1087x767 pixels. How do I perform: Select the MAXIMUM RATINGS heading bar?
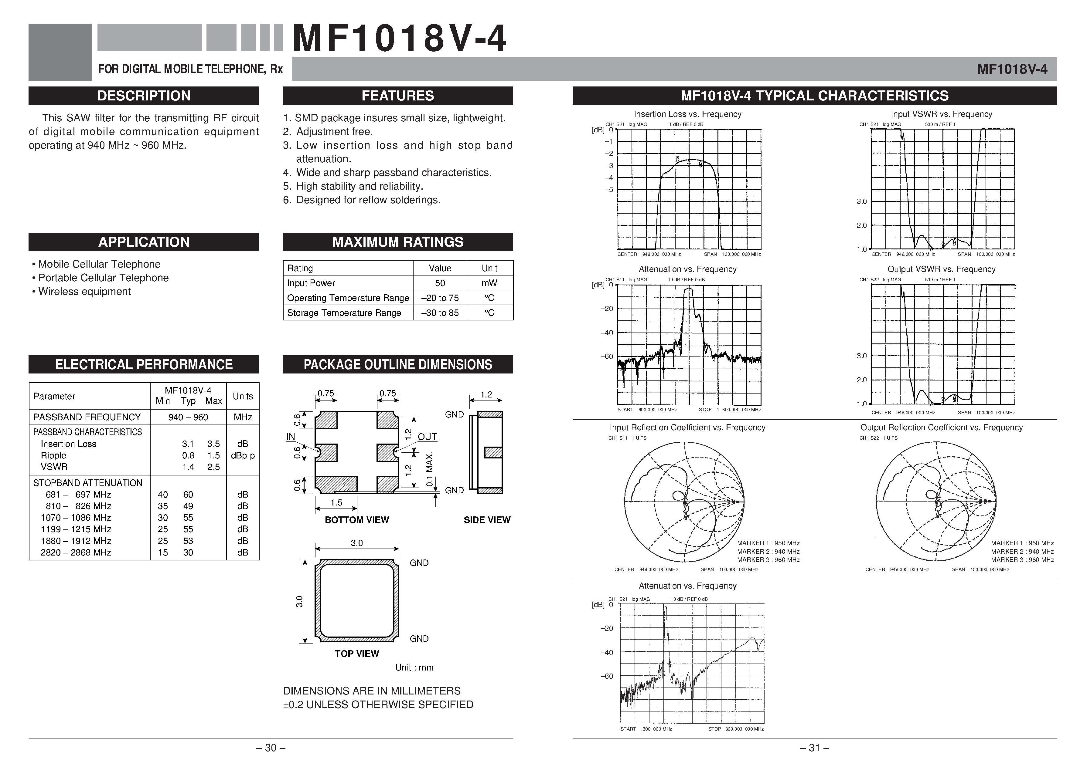coord(398,242)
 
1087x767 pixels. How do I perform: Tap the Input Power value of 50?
coord(440,283)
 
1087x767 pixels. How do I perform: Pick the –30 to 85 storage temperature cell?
coord(440,313)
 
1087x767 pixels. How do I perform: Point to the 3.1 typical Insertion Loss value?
coord(188,444)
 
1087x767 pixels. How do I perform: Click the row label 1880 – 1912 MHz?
coord(76,541)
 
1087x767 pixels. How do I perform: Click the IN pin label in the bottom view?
coord(291,437)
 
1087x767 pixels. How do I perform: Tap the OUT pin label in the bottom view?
coord(427,437)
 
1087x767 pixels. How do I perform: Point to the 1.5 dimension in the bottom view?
coord(336,502)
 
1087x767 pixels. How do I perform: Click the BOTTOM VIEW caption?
coord(356,520)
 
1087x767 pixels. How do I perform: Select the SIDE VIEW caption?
coord(487,520)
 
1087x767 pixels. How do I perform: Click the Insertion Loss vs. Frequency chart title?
coord(687,114)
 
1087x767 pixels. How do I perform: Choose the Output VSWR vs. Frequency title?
coord(941,269)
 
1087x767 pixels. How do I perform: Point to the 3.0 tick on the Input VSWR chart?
coord(862,201)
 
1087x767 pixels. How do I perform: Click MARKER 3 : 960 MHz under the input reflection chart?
coord(768,560)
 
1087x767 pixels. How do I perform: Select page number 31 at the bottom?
coord(814,748)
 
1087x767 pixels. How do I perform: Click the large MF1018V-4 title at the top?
coord(399,39)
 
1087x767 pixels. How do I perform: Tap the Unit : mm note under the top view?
coord(414,667)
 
